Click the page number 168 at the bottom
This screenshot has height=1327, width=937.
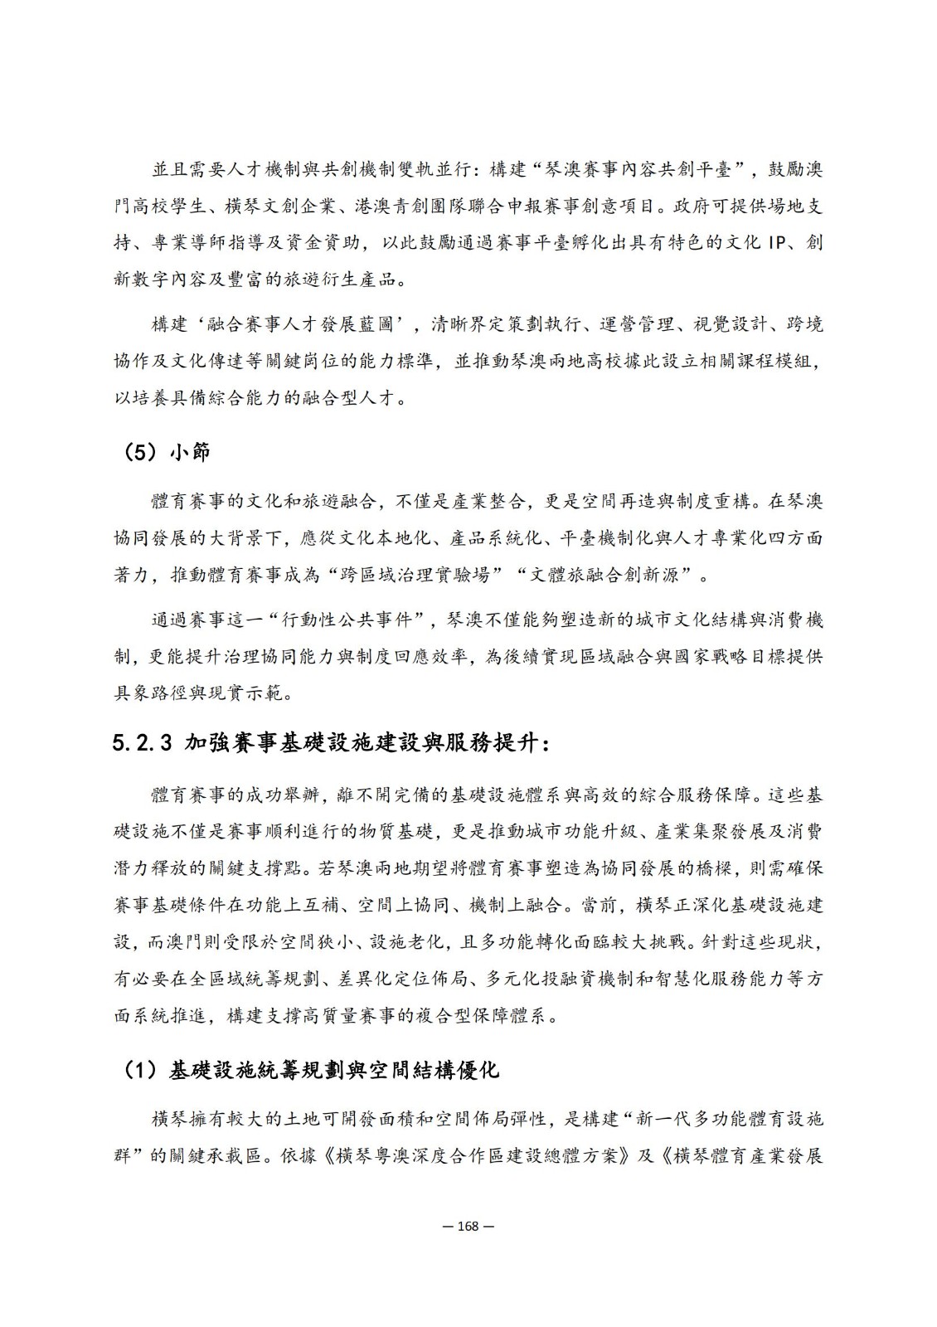click(x=468, y=1226)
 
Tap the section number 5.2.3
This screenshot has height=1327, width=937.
click(x=142, y=742)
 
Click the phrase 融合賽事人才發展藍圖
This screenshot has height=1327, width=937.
click(x=282, y=323)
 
